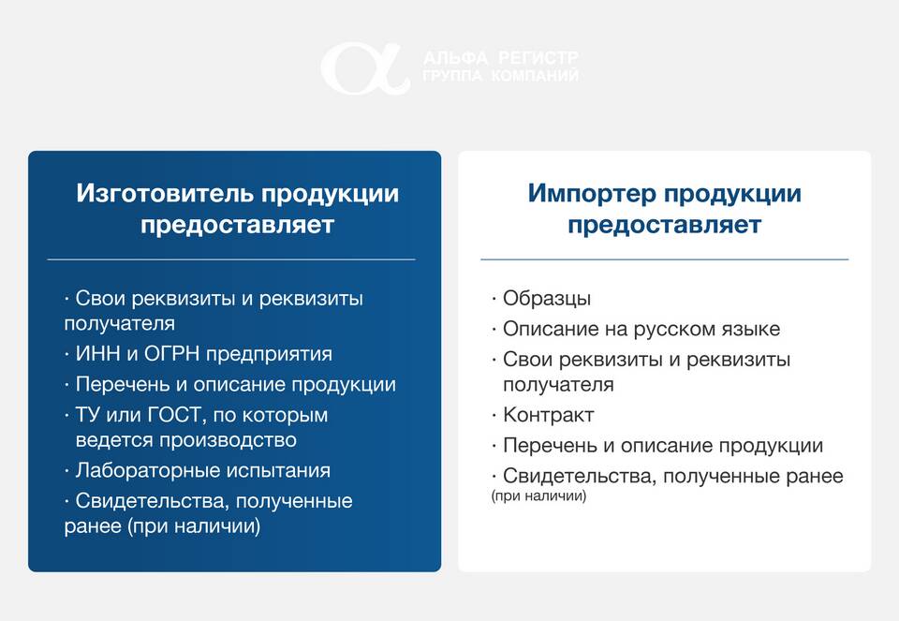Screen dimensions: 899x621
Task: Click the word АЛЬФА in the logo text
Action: pos(456,58)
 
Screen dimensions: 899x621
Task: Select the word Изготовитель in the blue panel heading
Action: pos(165,193)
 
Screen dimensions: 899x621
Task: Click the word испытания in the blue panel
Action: pos(277,471)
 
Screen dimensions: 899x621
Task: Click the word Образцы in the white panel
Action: pos(546,299)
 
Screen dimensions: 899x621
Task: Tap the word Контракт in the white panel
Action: pos(548,415)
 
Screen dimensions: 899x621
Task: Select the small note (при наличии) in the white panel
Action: pos(539,496)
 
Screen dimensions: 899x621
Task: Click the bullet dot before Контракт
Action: pos(494,415)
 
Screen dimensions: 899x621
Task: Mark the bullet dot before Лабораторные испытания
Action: pos(66,471)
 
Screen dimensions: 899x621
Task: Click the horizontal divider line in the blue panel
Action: pos(231,259)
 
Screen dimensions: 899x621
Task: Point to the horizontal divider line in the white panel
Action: pos(665,259)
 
